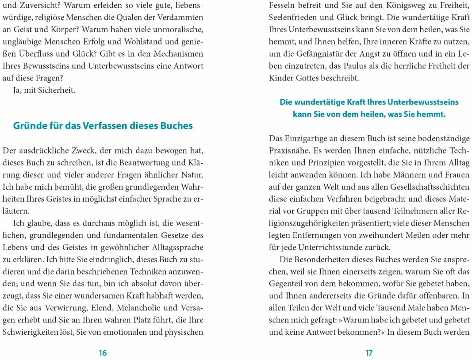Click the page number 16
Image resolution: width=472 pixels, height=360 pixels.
click(103, 352)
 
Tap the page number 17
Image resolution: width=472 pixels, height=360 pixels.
click(369, 352)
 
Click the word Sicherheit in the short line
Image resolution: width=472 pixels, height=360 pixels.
click(57, 90)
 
